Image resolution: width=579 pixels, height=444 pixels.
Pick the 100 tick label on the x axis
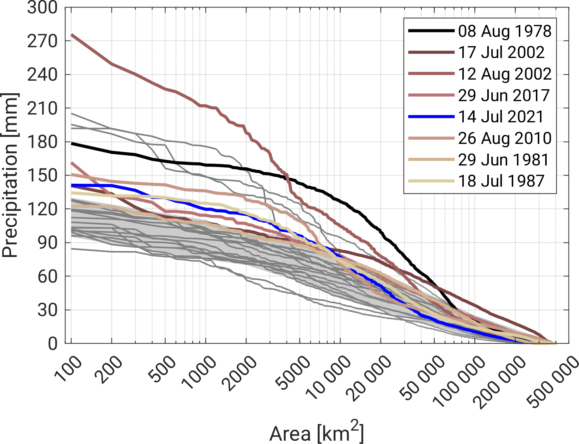point(68,369)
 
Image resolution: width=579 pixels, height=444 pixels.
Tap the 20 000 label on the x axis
point(371,379)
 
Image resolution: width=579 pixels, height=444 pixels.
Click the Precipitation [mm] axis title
point(10,175)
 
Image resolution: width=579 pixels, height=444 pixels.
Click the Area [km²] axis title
point(316,432)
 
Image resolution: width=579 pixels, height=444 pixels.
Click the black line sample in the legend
point(431,31)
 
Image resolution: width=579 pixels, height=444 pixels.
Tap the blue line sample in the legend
point(431,117)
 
